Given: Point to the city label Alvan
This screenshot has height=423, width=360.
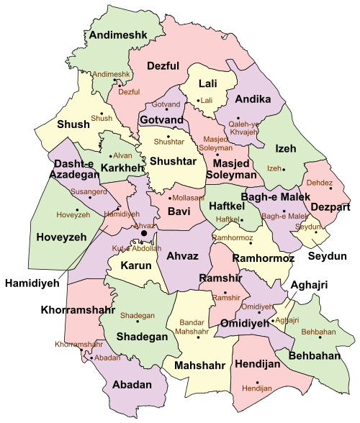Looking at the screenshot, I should click(123, 155).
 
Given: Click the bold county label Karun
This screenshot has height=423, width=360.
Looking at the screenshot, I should click(135, 265).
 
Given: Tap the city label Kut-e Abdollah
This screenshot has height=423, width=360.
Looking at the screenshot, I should click(132, 248).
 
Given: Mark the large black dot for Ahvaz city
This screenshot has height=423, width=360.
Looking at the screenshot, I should click(144, 234).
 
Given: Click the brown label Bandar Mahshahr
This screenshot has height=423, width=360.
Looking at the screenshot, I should click(190, 327).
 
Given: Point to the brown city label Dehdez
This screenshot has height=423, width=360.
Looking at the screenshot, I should click(320, 183).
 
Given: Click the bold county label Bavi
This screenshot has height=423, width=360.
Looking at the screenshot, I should click(178, 211).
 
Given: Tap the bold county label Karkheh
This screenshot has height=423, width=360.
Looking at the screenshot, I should click(122, 168).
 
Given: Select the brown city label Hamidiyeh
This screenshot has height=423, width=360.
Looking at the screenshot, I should click(122, 214).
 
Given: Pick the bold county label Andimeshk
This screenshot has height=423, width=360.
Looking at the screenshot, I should click(117, 35).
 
